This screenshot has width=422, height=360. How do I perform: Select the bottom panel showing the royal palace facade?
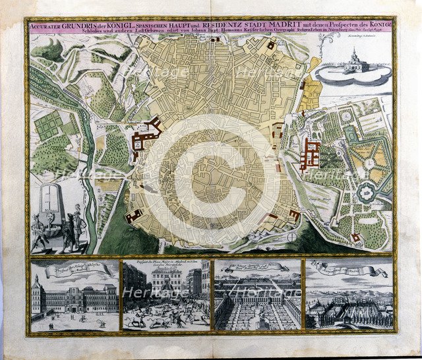pyautogui.click(x=75, y=294)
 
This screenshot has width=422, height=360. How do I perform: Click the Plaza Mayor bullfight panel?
pyautogui.click(x=165, y=294)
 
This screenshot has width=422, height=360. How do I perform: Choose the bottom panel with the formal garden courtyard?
pyautogui.click(x=256, y=294)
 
